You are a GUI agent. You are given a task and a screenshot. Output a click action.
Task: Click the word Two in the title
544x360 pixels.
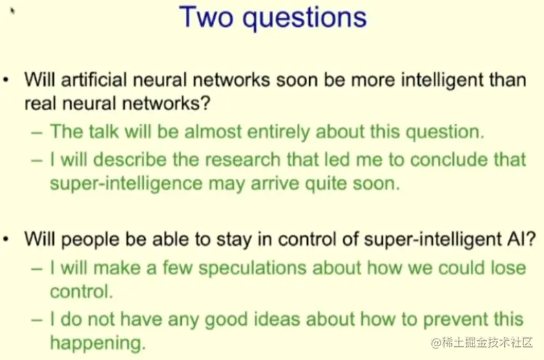[206, 17]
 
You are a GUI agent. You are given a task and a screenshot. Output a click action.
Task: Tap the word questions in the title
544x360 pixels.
[304, 19]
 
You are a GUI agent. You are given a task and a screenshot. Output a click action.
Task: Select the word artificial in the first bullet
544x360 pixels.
[94, 79]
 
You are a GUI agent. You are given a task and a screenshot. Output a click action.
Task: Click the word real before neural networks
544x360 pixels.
[40, 103]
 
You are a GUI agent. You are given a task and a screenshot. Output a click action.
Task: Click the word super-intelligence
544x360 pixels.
[126, 184]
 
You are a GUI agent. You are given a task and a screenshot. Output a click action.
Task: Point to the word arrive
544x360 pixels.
[275, 184]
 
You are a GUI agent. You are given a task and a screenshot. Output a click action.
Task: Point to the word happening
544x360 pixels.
[98, 343]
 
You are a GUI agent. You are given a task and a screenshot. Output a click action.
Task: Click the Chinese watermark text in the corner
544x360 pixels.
[482, 343]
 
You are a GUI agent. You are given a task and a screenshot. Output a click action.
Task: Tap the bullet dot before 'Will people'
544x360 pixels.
[6, 239]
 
